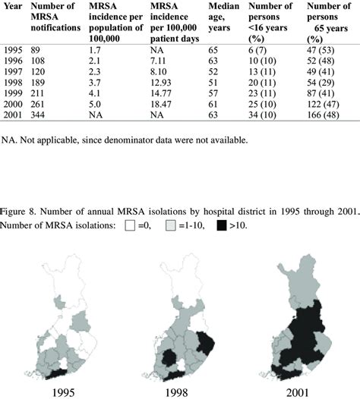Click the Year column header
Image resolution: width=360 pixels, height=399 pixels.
click(11, 7)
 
